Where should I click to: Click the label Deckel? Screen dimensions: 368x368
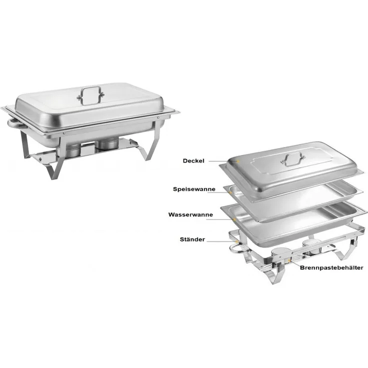193,161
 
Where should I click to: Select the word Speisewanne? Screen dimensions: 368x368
194,189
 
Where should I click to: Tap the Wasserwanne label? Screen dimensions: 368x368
190,214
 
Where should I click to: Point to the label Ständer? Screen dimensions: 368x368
192,239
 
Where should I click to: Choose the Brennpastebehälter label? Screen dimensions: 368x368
331,268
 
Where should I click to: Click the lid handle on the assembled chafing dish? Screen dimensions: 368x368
90,95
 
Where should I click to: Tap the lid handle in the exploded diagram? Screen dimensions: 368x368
293,158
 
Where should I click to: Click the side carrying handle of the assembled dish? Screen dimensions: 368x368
16,124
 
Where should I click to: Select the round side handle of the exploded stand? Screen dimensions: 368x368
236,248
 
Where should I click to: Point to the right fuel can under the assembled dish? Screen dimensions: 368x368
107,144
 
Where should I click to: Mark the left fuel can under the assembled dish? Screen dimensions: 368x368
72,150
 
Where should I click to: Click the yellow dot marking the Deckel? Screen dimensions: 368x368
238,161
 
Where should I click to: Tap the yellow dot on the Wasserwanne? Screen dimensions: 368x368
234,219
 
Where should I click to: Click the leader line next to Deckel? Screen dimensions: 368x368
222,161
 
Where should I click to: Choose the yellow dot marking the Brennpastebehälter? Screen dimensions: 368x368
289,260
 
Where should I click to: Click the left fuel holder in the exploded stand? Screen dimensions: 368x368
280,253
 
